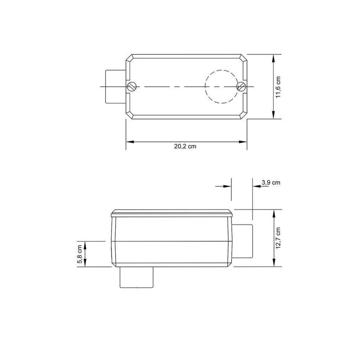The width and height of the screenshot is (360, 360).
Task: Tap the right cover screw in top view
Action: pyautogui.click(x=241, y=86)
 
